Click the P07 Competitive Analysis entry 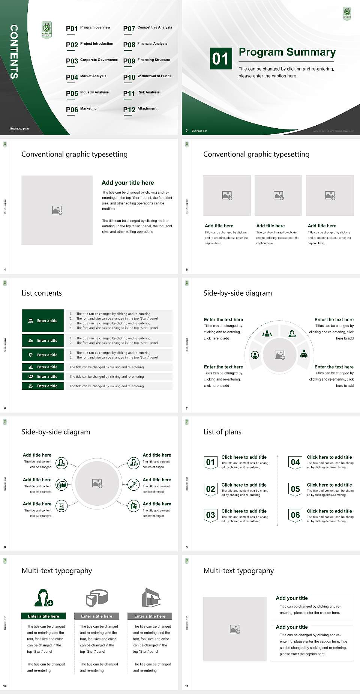(x=147, y=28)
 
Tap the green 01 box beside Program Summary (x=220, y=59)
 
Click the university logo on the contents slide (x=46, y=30)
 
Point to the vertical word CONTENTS (x=13, y=52)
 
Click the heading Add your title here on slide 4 (x=127, y=183)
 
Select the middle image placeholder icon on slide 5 (x=278, y=195)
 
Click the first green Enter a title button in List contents (x=43, y=321)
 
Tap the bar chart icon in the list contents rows (x=31, y=367)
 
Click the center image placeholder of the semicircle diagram (x=280, y=355)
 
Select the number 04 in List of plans (x=295, y=462)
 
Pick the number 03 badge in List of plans (x=210, y=515)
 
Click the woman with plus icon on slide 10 (x=43, y=598)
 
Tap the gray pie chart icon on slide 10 (x=97, y=598)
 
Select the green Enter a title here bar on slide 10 (x=43, y=616)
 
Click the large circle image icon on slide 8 (x=97, y=484)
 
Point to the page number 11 (x=187, y=686)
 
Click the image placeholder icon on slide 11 (x=235, y=629)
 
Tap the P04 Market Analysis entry (x=86, y=77)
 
